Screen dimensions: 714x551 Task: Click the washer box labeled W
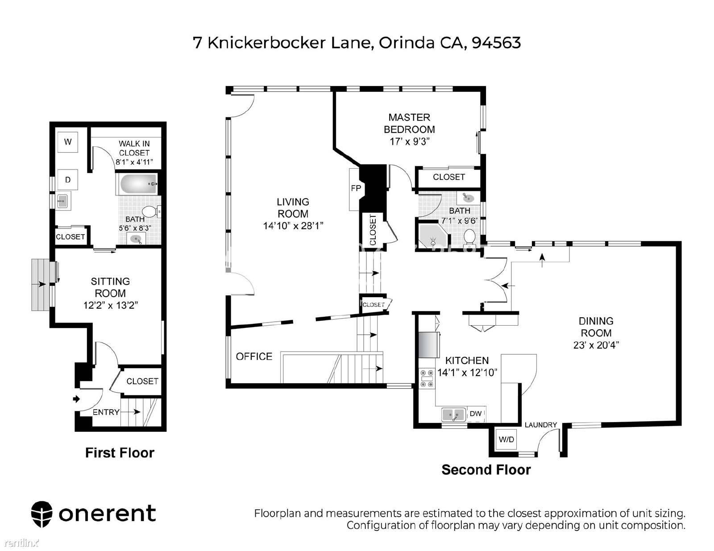pos(68,142)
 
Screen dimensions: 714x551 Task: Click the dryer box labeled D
pos(68,180)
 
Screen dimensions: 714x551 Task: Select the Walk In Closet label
pos(134,148)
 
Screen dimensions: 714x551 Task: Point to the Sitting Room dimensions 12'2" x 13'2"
pos(110,305)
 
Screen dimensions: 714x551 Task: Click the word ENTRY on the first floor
pos(106,412)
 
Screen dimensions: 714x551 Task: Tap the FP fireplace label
pos(356,188)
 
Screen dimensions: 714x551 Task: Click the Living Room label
pos(293,208)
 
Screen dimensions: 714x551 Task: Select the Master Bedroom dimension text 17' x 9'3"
pos(409,141)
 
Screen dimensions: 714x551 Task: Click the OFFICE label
pos(254,356)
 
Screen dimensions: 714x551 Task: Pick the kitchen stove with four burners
pos(427,379)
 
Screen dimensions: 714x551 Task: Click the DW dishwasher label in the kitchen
pos(475,414)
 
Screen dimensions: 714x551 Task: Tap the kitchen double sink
pos(454,415)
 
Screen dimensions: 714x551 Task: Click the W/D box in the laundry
pos(506,439)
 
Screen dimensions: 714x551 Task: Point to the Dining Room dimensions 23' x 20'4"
pos(596,345)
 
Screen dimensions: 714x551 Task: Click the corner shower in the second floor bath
pos(433,236)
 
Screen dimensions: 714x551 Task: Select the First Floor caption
pos(120,453)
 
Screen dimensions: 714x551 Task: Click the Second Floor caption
pos(486,470)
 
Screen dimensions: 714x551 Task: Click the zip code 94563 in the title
pos(496,43)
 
